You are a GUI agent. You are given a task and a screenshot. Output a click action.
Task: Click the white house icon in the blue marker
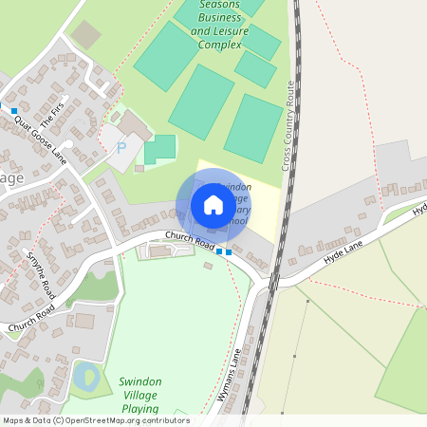point(213,204)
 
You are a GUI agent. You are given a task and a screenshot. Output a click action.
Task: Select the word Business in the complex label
point(213,18)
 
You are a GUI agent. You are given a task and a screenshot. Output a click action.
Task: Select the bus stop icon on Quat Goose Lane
point(14,111)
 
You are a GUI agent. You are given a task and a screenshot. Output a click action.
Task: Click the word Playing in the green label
point(140,410)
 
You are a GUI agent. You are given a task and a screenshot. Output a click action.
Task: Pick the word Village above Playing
point(141,396)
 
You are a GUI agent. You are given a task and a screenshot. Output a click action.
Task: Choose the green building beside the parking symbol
point(160,148)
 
